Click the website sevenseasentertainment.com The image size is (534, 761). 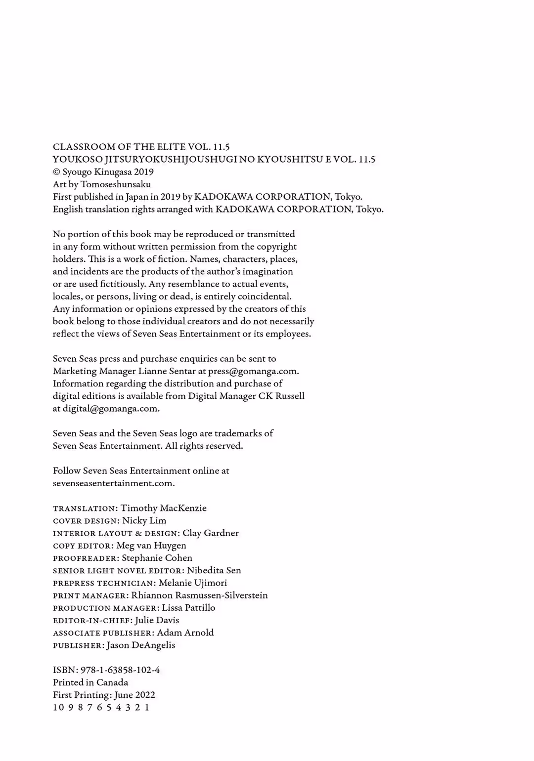click(x=113, y=483)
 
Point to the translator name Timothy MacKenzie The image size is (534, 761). click(x=164, y=508)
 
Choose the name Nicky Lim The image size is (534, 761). click(x=144, y=520)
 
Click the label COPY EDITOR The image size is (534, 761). click(x=83, y=546)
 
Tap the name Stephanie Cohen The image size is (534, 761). click(x=157, y=558)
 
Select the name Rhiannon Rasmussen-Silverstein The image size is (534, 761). click(x=200, y=595)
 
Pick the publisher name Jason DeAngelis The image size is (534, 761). click(x=141, y=645)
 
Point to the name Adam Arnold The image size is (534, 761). click(x=185, y=633)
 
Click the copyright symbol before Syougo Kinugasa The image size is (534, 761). click(x=56, y=172)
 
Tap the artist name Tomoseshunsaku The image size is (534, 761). click(x=116, y=184)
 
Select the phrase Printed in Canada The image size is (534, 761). click(x=90, y=682)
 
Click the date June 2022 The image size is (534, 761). click(x=134, y=695)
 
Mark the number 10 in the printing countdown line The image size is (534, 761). click(x=58, y=707)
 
